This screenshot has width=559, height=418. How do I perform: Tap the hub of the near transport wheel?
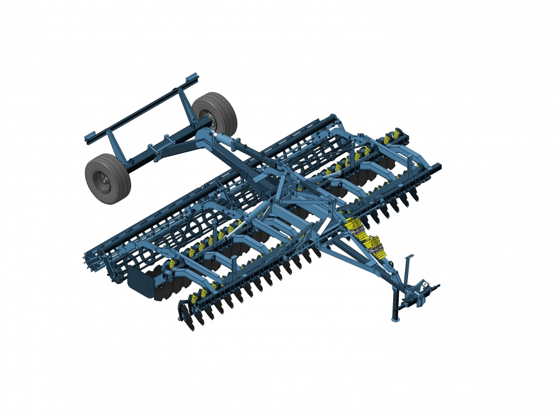102,181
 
